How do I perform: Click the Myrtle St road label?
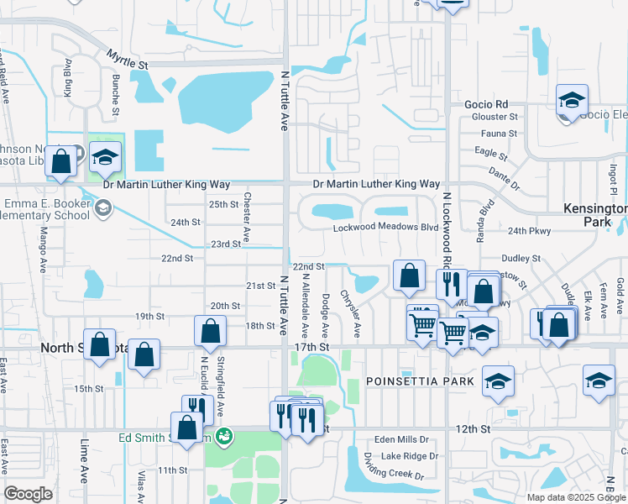(127, 59)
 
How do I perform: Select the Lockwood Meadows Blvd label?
(385, 228)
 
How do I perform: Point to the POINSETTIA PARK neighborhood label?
(421, 381)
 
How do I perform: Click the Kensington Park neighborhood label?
(595, 215)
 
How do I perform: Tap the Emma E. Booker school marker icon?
(104, 207)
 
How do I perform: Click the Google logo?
(29, 494)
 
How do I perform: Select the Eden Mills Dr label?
(401, 439)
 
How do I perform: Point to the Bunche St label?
(116, 87)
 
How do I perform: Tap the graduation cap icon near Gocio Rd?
(572, 101)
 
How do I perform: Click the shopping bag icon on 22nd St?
(408, 276)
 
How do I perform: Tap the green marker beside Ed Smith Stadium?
(222, 436)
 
